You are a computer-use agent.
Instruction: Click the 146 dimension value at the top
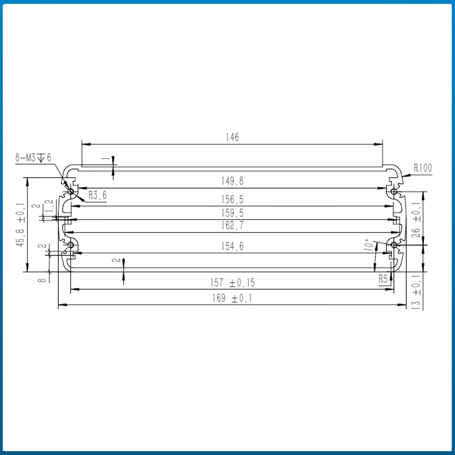click(x=232, y=137)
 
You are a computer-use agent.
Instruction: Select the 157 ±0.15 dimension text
click(x=233, y=283)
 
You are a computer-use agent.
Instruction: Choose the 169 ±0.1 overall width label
click(x=233, y=298)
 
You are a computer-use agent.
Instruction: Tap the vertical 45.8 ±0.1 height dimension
click(x=20, y=224)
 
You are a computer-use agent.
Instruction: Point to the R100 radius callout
click(x=422, y=168)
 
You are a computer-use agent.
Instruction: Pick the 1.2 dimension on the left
click(x=50, y=207)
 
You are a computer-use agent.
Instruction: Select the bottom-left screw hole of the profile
click(x=71, y=246)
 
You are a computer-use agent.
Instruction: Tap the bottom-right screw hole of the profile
click(x=394, y=245)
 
